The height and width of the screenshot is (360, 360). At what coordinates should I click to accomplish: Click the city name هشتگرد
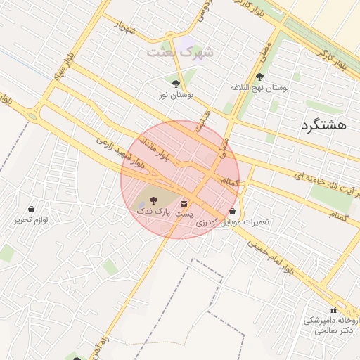tap(323, 125)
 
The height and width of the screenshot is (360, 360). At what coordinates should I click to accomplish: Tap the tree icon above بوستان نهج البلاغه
tap(260, 77)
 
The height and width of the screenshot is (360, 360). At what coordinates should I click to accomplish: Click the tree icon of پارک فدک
tap(154, 201)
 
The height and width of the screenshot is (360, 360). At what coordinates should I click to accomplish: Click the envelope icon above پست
tap(184, 203)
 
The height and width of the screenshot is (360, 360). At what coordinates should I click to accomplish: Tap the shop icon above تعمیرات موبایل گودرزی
tap(233, 212)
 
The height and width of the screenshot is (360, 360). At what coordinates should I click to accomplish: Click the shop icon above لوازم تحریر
tap(32, 210)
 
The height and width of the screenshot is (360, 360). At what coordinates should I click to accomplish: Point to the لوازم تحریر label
tap(32, 220)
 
